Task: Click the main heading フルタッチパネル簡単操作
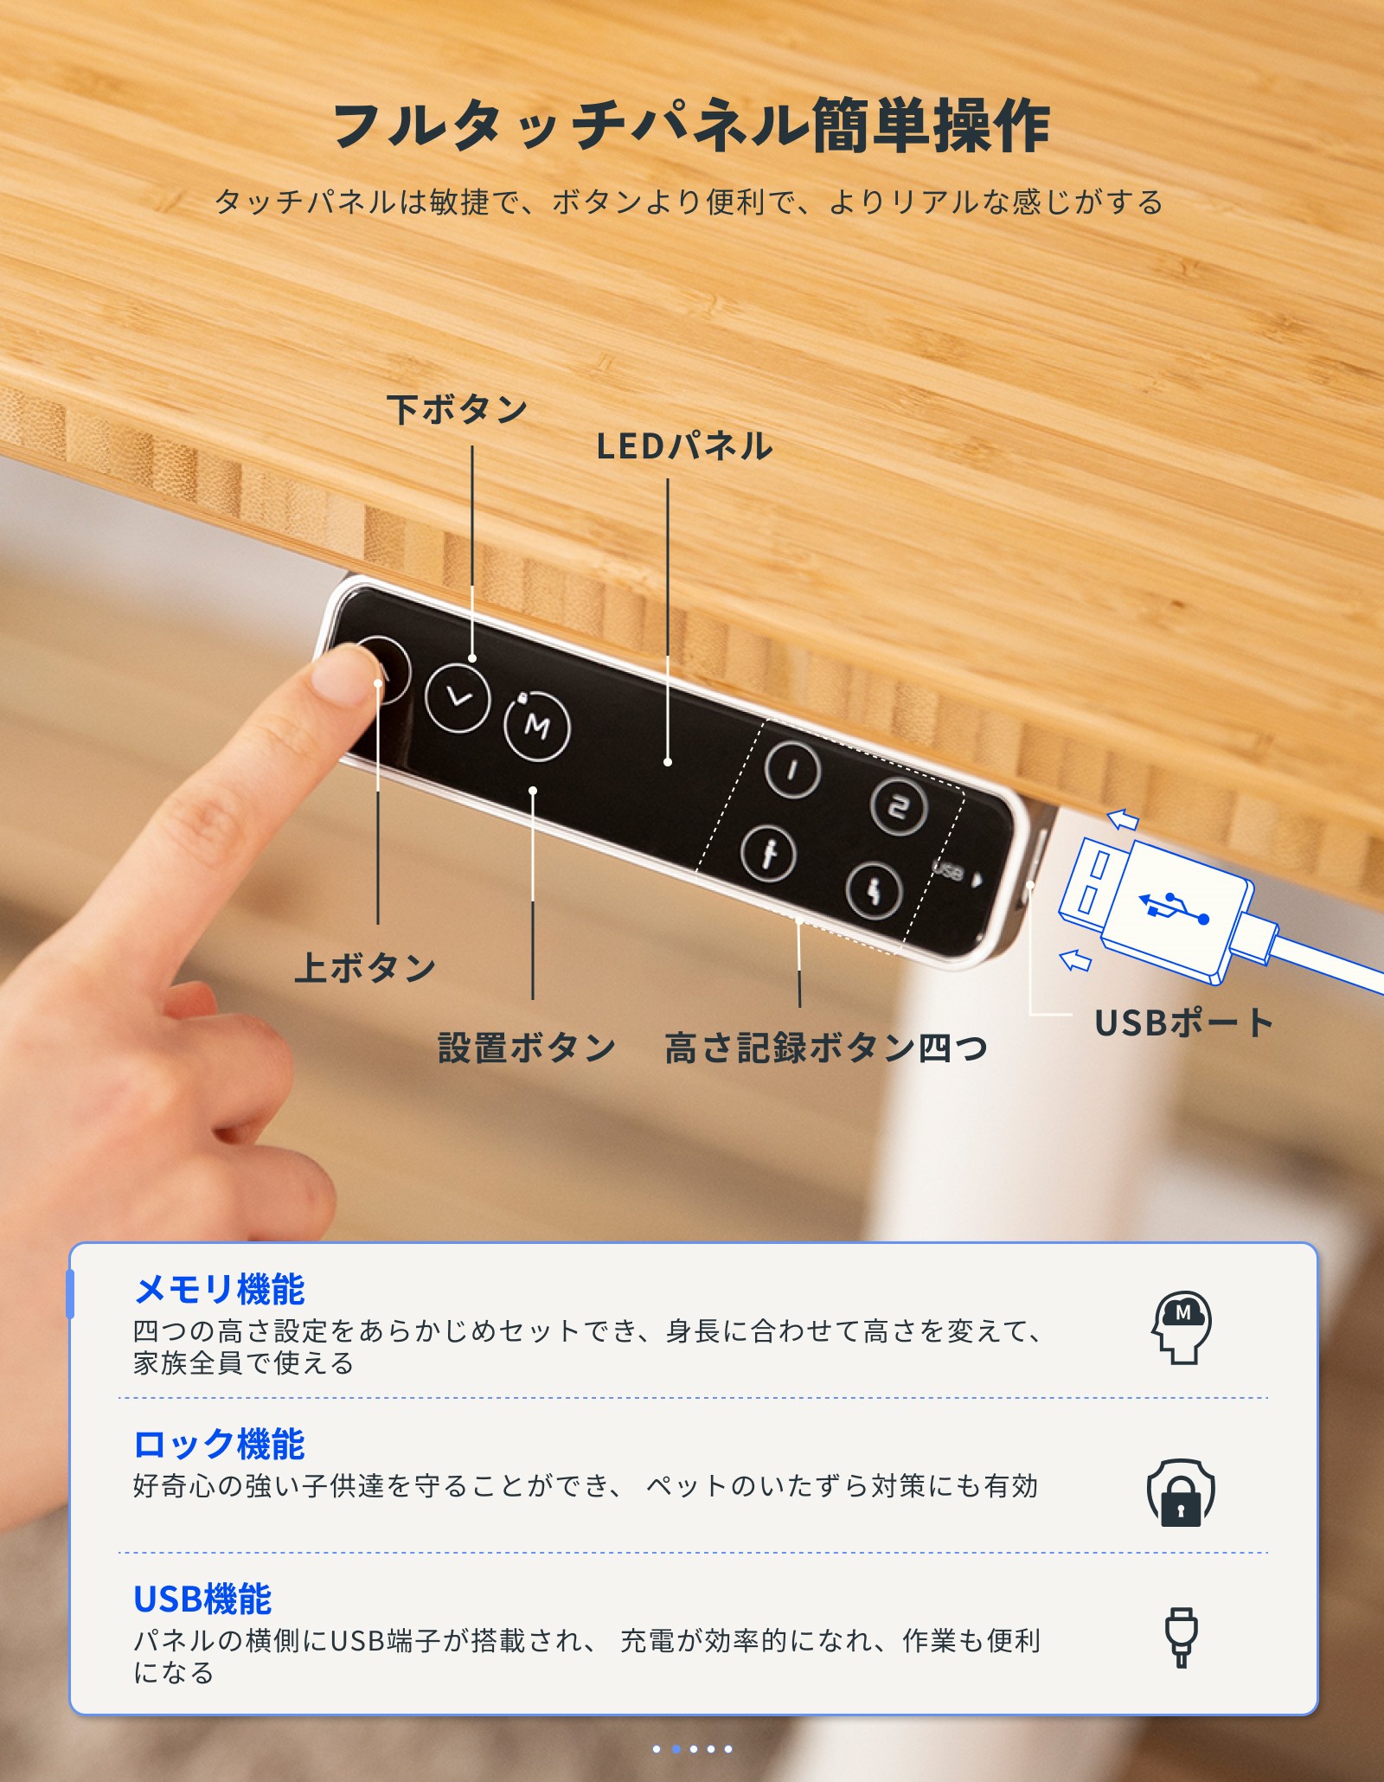point(691,126)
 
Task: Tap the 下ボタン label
point(458,409)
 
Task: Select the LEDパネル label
point(684,446)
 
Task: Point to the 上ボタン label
point(365,967)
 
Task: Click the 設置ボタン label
point(527,1048)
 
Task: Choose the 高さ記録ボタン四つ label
point(826,1048)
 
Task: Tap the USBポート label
point(1184,1023)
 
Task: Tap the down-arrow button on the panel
point(458,697)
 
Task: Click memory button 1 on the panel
point(792,769)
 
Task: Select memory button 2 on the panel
point(899,807)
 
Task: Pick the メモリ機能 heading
point(220,1289)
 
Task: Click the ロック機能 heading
point(220,1444)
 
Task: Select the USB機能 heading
point(202,1599)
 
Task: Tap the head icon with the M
point(1181,1328)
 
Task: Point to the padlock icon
point(1181,1493)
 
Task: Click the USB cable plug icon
point(1181,1638)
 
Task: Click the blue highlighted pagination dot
point(676,1749)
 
